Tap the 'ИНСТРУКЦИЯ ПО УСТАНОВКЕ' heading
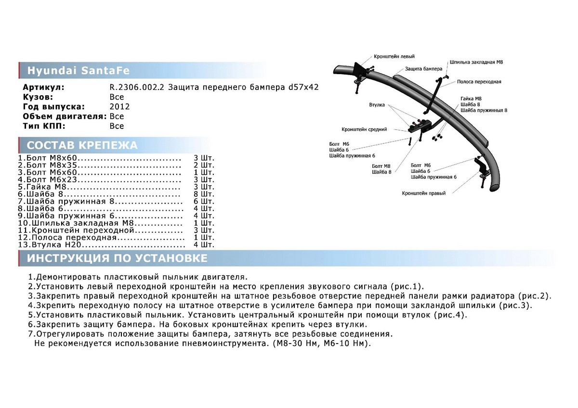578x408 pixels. (x=117, y=258)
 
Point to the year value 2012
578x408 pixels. (x=119, y=107)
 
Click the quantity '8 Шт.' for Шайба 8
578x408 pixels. (x=203, y=194)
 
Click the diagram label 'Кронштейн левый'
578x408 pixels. (x=394, y=56)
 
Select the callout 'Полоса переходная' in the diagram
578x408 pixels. (x=479, y=82)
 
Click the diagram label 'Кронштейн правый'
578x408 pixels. (x=424, y=193)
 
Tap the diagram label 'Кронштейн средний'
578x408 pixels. (x=364, y=129)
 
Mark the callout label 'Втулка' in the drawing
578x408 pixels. (x=376, y=103)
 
